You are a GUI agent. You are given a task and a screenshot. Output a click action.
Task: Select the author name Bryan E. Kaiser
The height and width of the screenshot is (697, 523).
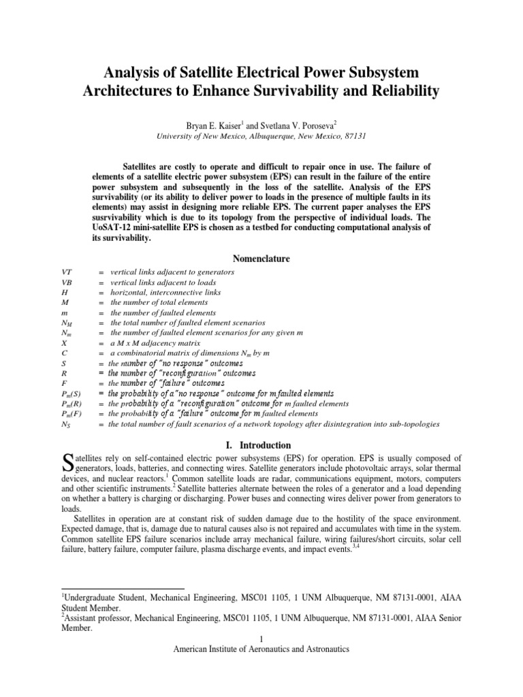pos(202,125)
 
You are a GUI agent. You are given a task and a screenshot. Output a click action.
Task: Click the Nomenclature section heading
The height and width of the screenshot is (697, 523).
pos(261,259)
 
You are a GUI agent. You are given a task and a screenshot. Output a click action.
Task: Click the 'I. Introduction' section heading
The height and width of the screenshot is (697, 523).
pos(261,445)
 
